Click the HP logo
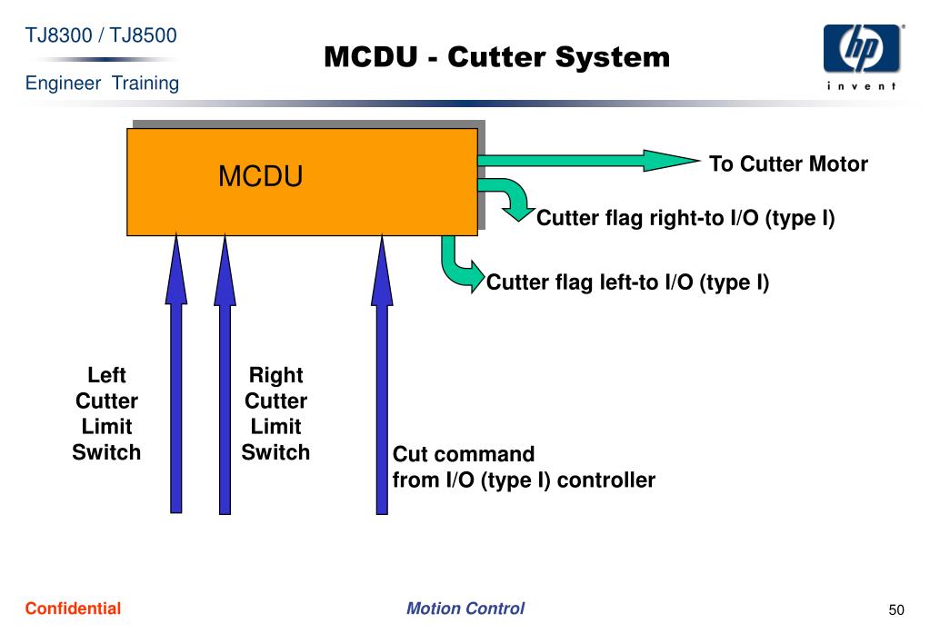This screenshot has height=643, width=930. coord(862,49)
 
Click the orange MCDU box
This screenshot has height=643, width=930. coord(303,182)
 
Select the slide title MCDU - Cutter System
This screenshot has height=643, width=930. coord(497,57)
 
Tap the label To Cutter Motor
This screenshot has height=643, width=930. coord(788,163)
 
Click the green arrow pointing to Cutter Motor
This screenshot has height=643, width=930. coord(588,161)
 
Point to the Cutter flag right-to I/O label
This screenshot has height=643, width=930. coord(685,218)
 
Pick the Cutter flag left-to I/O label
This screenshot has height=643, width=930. coord(627,282)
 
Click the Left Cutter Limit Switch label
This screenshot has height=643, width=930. coord(106,413)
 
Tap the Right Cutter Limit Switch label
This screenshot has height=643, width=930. coord(275,413)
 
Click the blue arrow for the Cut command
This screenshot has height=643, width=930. coord(382,374)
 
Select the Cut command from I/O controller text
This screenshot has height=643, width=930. coord(524,467)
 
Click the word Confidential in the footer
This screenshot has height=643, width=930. coord(73,608)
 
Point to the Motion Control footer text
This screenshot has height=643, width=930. coord(465,608)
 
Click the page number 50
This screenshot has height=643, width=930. coord(896,609)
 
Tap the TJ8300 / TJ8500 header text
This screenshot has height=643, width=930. coord(101,35)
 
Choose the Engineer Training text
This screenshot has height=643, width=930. coord(102,83)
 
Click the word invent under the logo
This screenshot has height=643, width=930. coord(862,86)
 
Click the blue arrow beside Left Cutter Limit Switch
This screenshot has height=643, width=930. coord(176,373)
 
